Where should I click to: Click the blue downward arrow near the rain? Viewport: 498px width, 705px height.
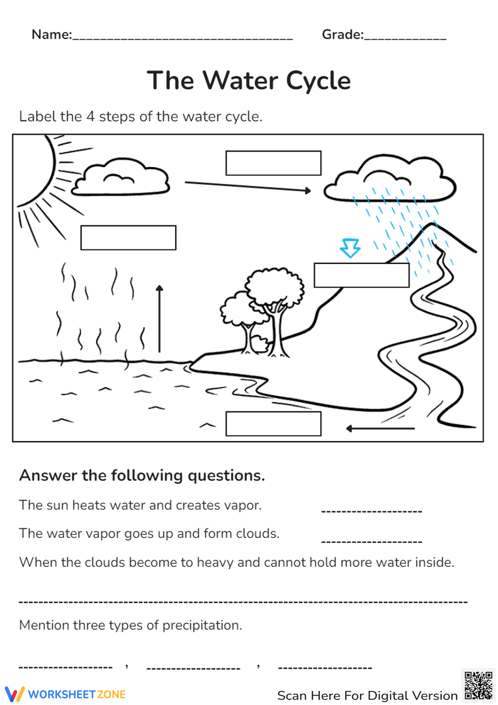coord(350,248)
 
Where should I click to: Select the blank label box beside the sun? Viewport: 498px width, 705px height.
coord(128,238)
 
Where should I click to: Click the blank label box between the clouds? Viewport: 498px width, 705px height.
coord(273,163)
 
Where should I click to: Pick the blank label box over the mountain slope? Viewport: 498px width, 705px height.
coord(362,275)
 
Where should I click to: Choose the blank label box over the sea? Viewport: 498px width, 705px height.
coord(273,424)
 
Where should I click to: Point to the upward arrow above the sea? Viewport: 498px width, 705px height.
coord(159,319)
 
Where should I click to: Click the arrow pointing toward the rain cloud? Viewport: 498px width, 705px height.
coord(248,186)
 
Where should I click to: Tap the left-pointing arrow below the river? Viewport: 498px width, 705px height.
coord(380,428)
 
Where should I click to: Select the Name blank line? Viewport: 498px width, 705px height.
coord(183,38)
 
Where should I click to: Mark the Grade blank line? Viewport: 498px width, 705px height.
coord(405,38)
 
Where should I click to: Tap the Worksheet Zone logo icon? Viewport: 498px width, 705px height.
coord(14,694)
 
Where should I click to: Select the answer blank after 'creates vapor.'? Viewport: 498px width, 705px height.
coord(372,511)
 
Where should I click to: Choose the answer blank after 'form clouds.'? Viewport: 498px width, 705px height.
coord(372,541)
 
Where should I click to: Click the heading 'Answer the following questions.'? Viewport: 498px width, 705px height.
coord(142,476)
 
